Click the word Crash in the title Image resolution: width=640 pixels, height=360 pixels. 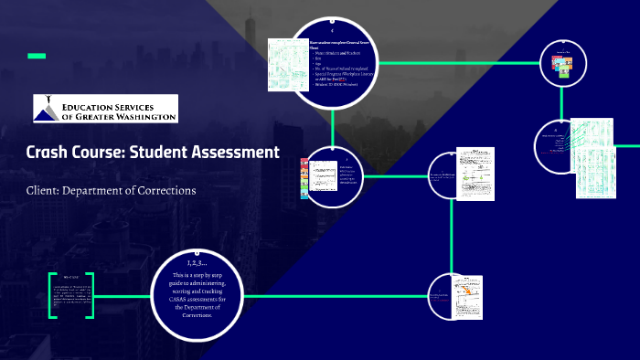[48, 153]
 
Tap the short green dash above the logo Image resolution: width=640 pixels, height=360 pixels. [37, 57]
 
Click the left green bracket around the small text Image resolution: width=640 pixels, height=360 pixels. [51, 295]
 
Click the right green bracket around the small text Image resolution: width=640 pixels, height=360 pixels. [90, 295]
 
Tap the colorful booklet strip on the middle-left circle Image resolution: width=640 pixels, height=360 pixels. [304, 178]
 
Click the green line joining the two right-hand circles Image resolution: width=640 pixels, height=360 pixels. [559, 102]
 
